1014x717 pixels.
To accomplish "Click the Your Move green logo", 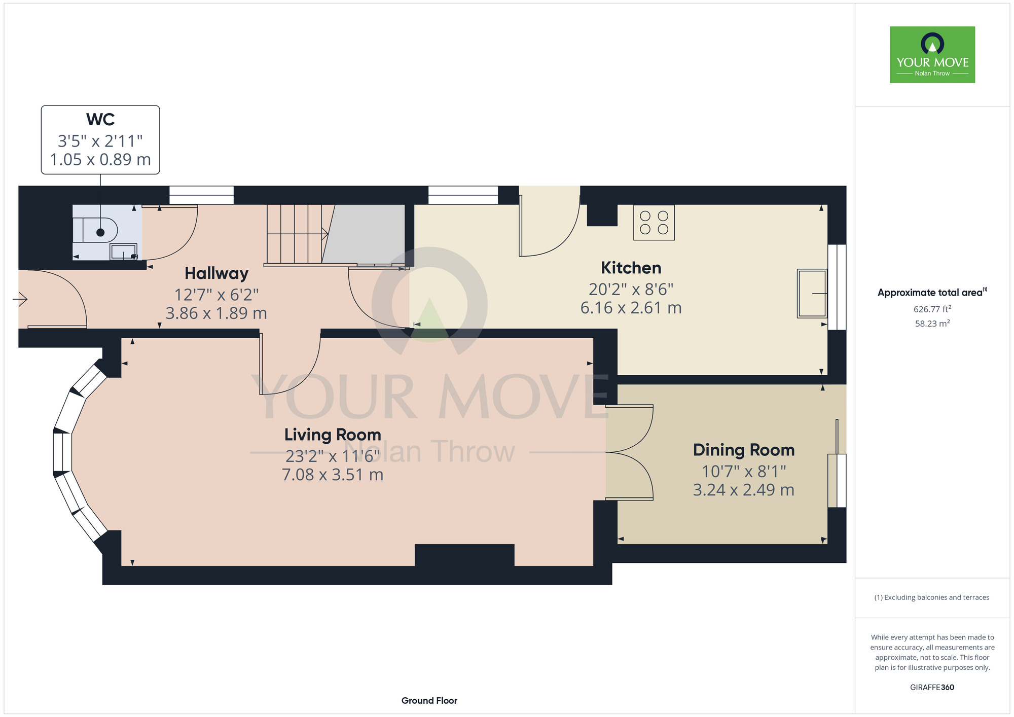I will pos(932,55).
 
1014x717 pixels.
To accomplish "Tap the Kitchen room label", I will pos(631,268).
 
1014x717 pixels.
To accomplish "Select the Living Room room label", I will pos(333,435).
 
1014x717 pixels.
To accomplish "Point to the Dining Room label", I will pos(743,450).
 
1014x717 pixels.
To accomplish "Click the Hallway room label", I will pos(216,273).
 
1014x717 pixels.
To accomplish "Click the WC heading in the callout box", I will pos(100,120).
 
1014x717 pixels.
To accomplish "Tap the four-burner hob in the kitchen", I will pos(654,223).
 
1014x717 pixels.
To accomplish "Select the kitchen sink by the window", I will pos(811,294).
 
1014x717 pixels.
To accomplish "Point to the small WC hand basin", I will pos(123,252).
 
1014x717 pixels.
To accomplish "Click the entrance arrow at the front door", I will pos(20,300).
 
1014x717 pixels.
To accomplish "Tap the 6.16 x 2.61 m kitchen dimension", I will pos(631,308).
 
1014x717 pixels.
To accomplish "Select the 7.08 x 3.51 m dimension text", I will pos(333,475).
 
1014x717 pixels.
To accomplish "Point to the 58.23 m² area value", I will pos(932,324).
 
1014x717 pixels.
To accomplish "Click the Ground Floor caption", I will pos(429,700).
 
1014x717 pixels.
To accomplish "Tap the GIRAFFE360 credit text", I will pos(932,687).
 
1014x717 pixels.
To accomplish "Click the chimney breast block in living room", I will pos(464,555).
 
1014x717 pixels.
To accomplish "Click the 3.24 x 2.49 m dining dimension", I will pos(743,490).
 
